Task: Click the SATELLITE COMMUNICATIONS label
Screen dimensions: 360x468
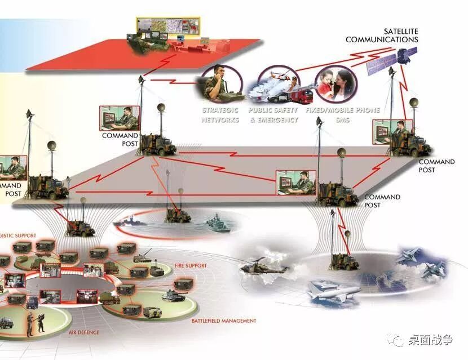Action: coord(382,35)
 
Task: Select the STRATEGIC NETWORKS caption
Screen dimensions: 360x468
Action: coord(220,115)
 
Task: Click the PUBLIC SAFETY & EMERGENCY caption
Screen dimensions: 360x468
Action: coord(273,115)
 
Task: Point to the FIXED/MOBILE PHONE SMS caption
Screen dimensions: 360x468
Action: coord(343,115)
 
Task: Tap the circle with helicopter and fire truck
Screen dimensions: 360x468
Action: coord(277,85)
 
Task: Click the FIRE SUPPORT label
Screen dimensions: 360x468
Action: coord(191,265)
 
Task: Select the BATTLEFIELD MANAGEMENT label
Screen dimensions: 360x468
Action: coord(223,321)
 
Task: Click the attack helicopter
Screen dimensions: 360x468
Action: coord(261,268)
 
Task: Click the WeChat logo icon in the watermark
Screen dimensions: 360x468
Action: coord(398,340)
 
